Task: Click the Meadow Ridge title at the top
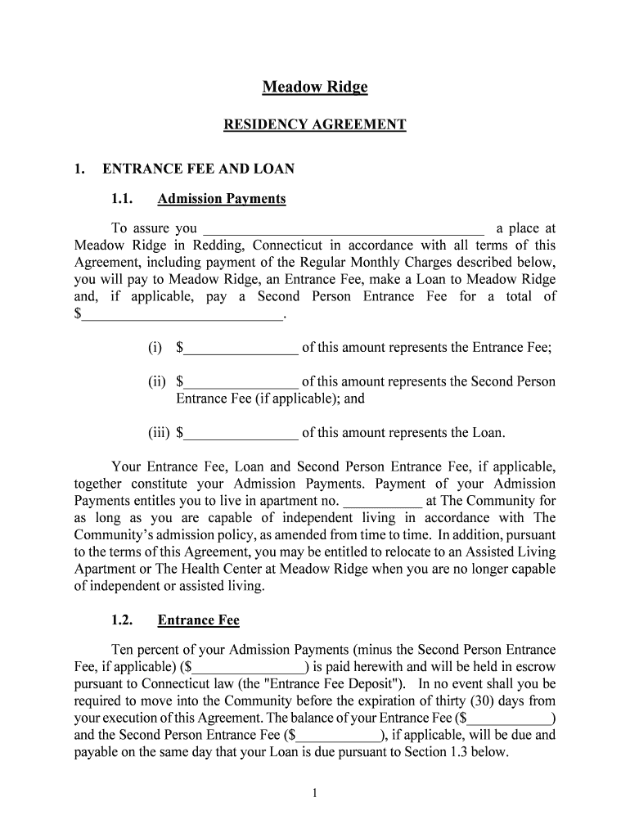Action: point(315,87)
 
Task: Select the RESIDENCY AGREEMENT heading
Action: point(315,125)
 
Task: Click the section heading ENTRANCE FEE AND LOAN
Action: point(198,169)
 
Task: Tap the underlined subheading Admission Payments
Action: point(222,199)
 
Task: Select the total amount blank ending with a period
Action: point(182,314)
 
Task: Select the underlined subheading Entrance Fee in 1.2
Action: point(199,620)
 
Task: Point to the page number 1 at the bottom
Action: point(315,793)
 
